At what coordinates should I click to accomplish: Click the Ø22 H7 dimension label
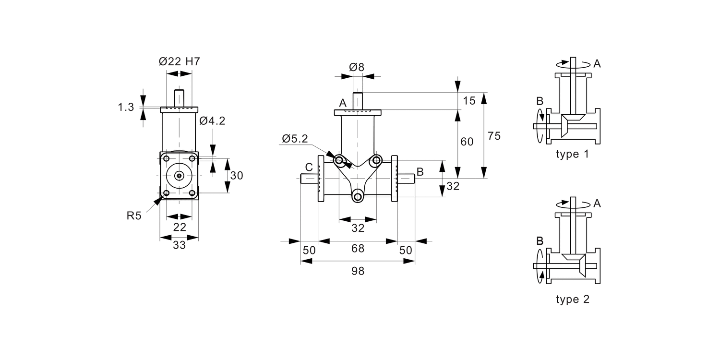tap(179, 62)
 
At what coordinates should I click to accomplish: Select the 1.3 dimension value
tap(126, 108)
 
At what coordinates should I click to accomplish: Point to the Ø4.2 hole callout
tap(212, 121)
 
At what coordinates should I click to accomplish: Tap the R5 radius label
tap(134, 216)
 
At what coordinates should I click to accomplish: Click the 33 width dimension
tap(179, 245)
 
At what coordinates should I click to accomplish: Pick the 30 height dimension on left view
tap(237, 176)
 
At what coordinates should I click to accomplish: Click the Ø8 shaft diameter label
tap(357, 67)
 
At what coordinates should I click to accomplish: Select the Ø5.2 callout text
tap(295, 139)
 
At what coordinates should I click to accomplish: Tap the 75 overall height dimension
tap(494, 136)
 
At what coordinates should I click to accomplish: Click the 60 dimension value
tap(467, 142)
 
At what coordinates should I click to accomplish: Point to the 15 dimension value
tap(469, 101)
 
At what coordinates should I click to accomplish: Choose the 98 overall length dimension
tap(358, 271)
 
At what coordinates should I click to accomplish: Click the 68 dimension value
tap(358, 249)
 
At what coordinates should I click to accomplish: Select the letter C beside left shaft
tap(309, 167)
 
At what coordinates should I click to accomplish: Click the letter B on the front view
tap(420, 171)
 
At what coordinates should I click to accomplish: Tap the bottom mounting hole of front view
tap(358, 196)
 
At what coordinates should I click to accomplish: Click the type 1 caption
tap(572, 155)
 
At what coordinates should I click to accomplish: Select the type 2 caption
tap(572, 300)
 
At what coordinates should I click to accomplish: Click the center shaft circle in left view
tap(179, 176)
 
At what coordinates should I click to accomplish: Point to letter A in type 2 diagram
tap(597, 204)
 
